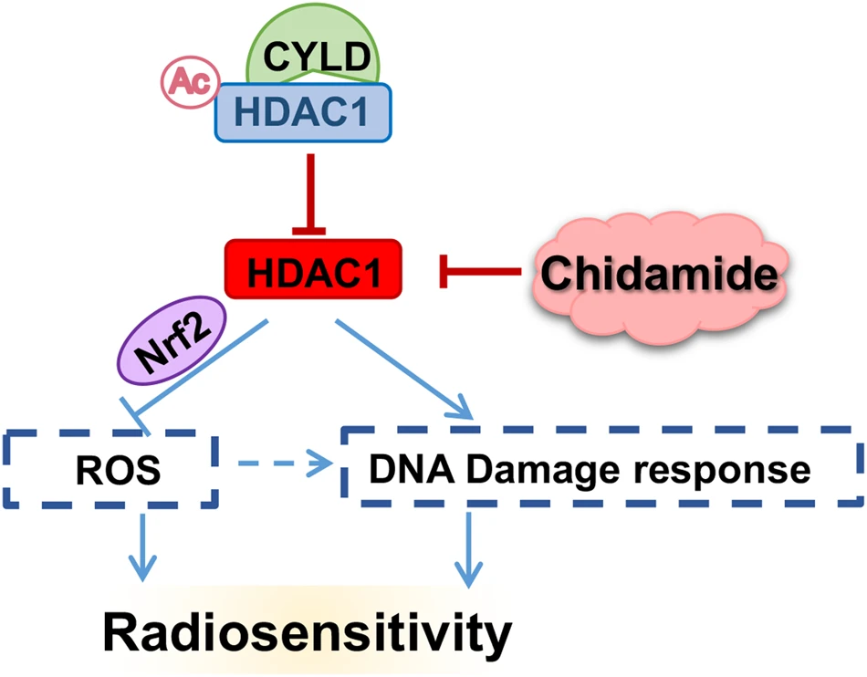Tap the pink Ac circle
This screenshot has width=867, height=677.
pos(190,82)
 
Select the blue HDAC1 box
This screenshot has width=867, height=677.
pos(303,112)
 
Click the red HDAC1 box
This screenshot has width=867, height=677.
pos(313,269)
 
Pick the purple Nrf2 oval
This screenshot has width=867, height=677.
pos(172,340)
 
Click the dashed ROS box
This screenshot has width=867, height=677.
pos(111,469)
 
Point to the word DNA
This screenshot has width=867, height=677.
pos(412,469)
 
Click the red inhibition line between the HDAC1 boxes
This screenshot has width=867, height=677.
pos(310,194)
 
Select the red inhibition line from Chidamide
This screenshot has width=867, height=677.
pos(480,271)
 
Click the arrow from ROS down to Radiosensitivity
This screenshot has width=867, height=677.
pos(142,547)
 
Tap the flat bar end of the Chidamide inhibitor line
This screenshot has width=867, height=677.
pos(443,271)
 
